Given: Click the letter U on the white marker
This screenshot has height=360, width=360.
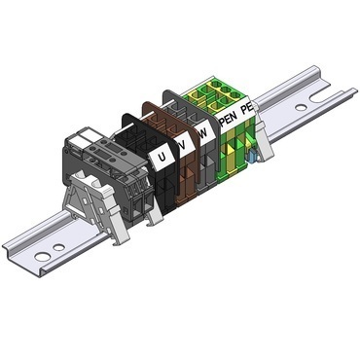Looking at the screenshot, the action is tap(162, 158).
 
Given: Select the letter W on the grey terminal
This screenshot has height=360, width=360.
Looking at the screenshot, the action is tap(203, 133).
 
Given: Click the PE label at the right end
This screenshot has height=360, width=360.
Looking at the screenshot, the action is tap(246, 109).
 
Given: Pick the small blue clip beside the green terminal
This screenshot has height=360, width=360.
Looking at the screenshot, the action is tap(252, 157).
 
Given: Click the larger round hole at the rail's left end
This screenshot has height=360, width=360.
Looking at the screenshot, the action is tap(43, 257).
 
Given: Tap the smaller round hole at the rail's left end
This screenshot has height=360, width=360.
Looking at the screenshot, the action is tap(58, 247).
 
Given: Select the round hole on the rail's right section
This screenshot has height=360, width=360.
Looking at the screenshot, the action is tap(302, 107).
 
